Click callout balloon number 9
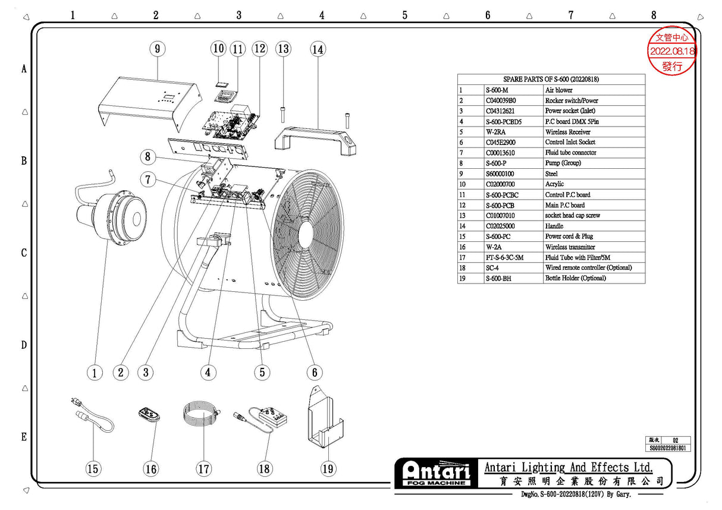tap(157, 49)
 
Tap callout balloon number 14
tap(318, 49)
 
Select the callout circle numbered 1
tap(94, 373)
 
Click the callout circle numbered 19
tap(328, 468)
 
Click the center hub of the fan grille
tap(306, 232)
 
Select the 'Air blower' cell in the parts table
tap(559, 90)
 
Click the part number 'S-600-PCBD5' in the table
tap(505, 121)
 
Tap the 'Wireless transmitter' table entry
tap(570, 247)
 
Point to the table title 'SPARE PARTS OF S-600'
tap(551, 79)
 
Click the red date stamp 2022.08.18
tap(672, 52)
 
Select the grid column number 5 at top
tap(404, 15)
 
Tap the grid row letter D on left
tap(24, 345)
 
